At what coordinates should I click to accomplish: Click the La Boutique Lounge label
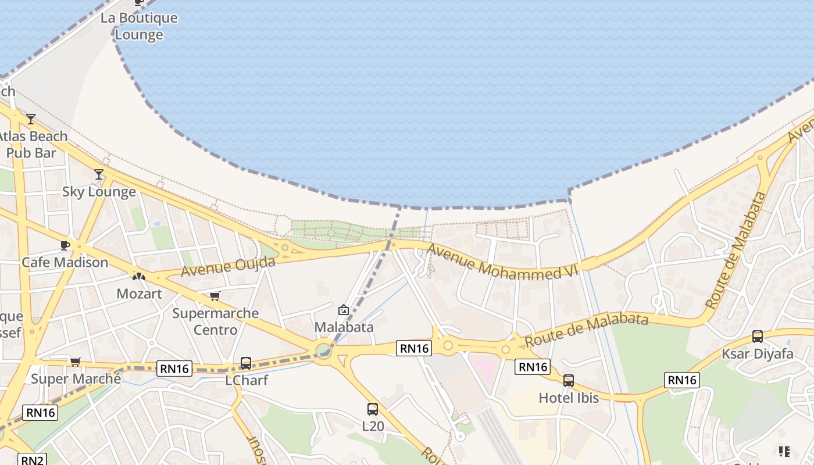[x=138, y=26]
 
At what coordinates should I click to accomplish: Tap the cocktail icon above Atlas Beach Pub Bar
[x=30, y=119]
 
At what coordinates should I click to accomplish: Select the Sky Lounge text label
[x=99, y=192]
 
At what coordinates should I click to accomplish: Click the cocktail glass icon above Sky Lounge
[x=99, y=174]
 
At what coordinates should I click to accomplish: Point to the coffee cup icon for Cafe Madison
[x=65, y=245]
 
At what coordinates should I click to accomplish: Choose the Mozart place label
[x=139, y=294]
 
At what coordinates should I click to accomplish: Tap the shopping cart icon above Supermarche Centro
[x=215, y=296]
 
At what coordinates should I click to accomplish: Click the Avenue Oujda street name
[x=228, y=266]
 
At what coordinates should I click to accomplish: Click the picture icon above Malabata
[x=343, y=310]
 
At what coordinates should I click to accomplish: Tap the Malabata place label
[x=344, y=327]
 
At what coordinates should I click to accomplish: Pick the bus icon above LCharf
[x=246, y=363]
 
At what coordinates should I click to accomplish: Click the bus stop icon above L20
[x=373, y=409]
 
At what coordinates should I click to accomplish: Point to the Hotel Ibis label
[x=569, y=398]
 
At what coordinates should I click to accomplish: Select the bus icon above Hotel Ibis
[x=569, y=381]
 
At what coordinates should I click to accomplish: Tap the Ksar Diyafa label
[x=757, y=354]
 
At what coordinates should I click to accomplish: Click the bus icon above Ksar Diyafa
[x=757, y=336]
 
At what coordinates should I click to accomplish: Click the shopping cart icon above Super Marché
[x=75, y=362]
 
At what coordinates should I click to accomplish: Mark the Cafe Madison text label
[x=65, y=262]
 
